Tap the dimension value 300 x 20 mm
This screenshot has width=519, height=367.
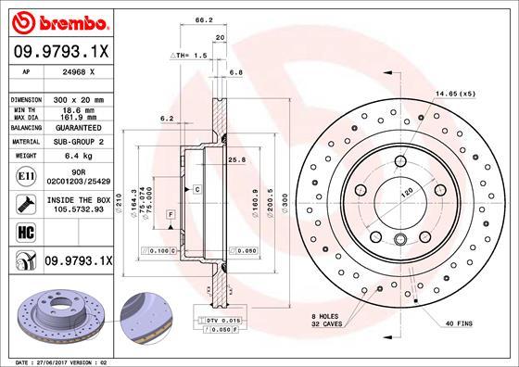(80, 98)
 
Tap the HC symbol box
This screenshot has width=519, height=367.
(24, 232)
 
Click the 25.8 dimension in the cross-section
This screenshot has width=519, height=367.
(235, 159)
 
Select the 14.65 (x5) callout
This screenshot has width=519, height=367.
(456, 94)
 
